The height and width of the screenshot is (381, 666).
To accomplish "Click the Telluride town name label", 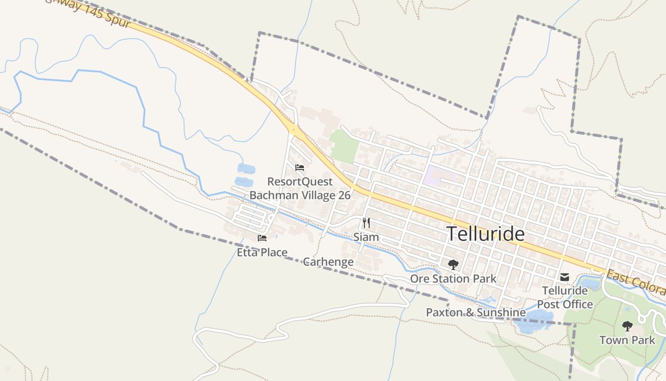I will pos(485,234).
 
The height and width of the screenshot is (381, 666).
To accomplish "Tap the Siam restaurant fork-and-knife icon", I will pos(366,223).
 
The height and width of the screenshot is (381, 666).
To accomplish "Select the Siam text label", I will pos(366,237).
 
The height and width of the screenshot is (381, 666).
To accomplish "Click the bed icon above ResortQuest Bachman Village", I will pos(300,168).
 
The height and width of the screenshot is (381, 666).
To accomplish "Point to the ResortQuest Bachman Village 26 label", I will pos(300,189).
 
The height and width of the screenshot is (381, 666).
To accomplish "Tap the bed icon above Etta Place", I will pos(262,238).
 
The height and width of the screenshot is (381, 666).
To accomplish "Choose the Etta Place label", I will pos(262,252).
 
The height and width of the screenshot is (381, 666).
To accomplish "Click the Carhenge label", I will pos(328,261).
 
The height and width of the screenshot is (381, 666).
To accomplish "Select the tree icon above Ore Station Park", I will pos(453,264).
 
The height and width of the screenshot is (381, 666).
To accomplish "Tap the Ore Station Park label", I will pos(453,279).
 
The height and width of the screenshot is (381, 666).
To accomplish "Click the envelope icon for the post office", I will pos(564,277).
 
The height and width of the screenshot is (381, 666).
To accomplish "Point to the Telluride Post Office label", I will pos(565,297).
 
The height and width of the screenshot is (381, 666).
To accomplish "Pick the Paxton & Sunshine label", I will pos(476,312).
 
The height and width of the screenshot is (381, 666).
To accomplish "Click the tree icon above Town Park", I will pos(627,326).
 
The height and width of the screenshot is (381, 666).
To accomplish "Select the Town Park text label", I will pos(627,340).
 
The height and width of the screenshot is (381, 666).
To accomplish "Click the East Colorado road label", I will pos(636,282).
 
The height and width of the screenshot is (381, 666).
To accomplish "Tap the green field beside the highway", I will pos(344,145).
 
